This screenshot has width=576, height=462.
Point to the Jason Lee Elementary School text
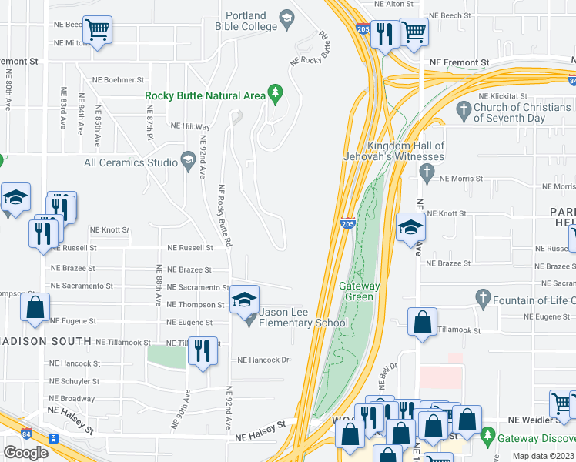[303, 317]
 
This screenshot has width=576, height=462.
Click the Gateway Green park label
[360, 291]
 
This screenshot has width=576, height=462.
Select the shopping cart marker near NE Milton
[97, 32]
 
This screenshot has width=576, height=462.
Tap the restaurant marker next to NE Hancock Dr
[202, 353]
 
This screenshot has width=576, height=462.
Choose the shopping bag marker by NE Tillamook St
[423, 323]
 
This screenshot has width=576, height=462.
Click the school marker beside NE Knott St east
[411, 228]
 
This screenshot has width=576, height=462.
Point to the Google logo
[25, 452]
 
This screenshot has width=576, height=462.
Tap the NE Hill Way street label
[190, 126]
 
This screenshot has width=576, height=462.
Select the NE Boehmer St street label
[118, 79]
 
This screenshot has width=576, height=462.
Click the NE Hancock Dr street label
[263, 360]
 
